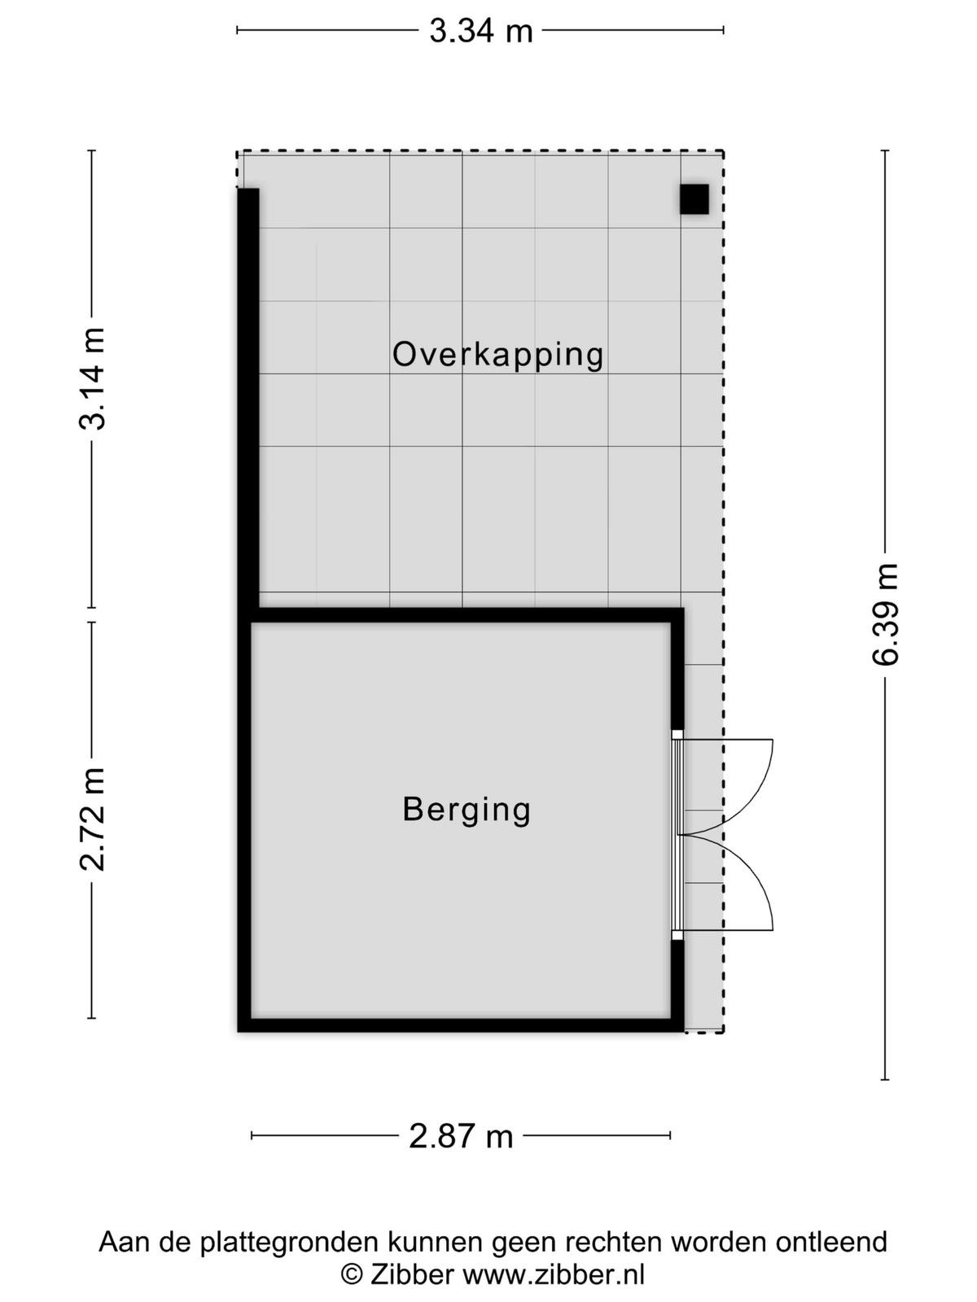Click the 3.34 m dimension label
481,31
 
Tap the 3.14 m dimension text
93,378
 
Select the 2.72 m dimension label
93,819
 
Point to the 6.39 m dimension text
885,614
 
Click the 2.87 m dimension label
461,1136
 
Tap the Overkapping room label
497,356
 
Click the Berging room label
467,810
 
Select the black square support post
694,199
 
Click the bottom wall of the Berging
461,1025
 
